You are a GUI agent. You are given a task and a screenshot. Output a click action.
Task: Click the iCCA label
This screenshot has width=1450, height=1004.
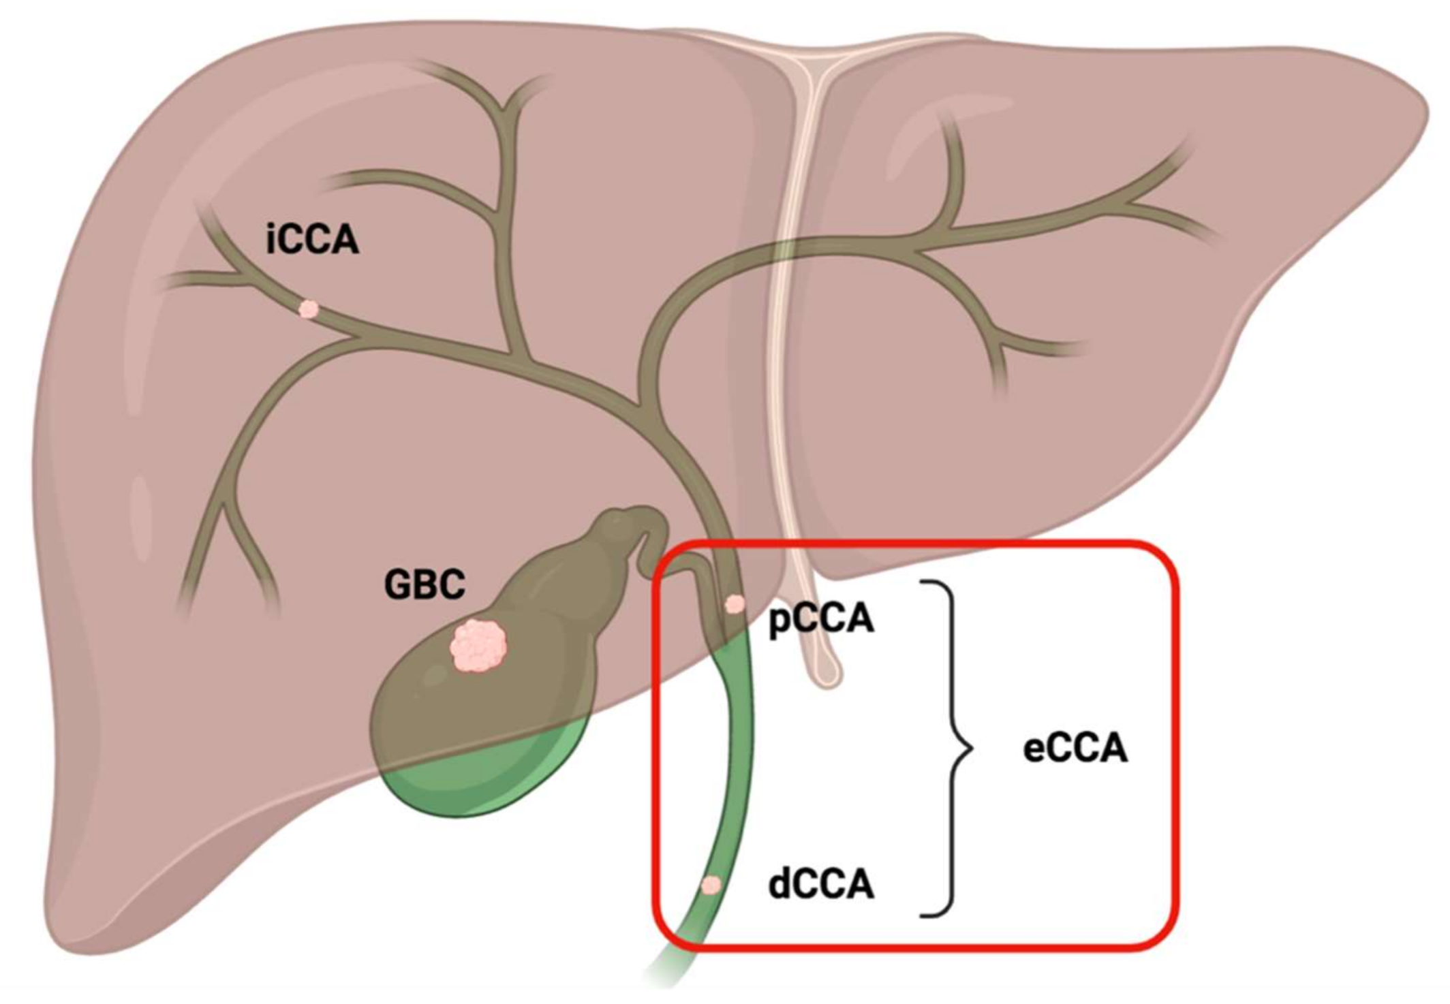pyautogui.click(x=312, y=240)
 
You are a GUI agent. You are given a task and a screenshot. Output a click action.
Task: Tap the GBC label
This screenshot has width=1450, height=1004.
pyautogui.click(x=425, y=584)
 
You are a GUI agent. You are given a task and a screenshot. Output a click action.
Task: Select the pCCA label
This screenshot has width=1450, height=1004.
pyautogui.click(x=821, y=619)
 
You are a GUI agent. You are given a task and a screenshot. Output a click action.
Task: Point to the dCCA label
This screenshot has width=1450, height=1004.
pyautogui.click(x=821, y=885)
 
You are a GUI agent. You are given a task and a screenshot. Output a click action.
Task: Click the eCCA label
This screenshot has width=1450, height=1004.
pyautogui.click(x=1075, y=749)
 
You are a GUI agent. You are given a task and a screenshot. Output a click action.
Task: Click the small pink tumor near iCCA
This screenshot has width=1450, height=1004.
pyautogui.click(x=309, y=310)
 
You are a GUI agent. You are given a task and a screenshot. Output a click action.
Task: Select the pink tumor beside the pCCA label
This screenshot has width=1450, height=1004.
pyautogui.click(x=735, y=604)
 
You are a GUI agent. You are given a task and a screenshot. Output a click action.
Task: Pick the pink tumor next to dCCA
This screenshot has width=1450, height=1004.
pyautogui.click(x=711, y=885)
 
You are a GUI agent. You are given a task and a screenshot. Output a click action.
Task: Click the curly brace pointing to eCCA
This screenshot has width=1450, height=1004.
pyautogui.click(x=953, y=749)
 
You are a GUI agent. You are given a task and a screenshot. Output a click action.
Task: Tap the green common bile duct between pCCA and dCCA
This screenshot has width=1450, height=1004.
pyautogui.click(x=739, y=749)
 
